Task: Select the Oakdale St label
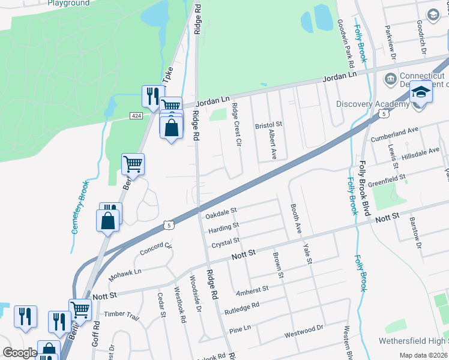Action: (221, 211)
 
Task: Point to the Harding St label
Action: (223, 228)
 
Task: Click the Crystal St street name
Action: (225, 243)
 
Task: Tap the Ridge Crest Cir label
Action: (237, 127)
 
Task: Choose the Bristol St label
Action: (268, 124)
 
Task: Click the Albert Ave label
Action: (272, 143)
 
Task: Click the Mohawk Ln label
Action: (124, 275)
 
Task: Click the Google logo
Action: (20, 353)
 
